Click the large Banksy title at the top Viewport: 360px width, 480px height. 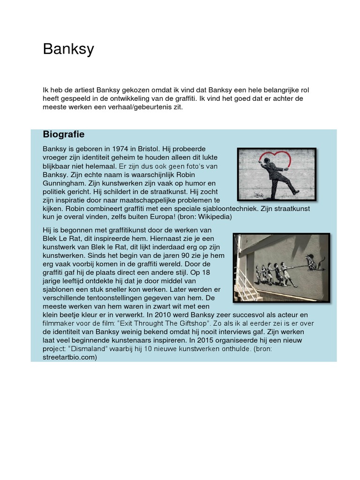pos(68,49)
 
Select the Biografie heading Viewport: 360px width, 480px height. pos(64,135)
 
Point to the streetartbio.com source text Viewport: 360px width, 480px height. pos(70,357)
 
